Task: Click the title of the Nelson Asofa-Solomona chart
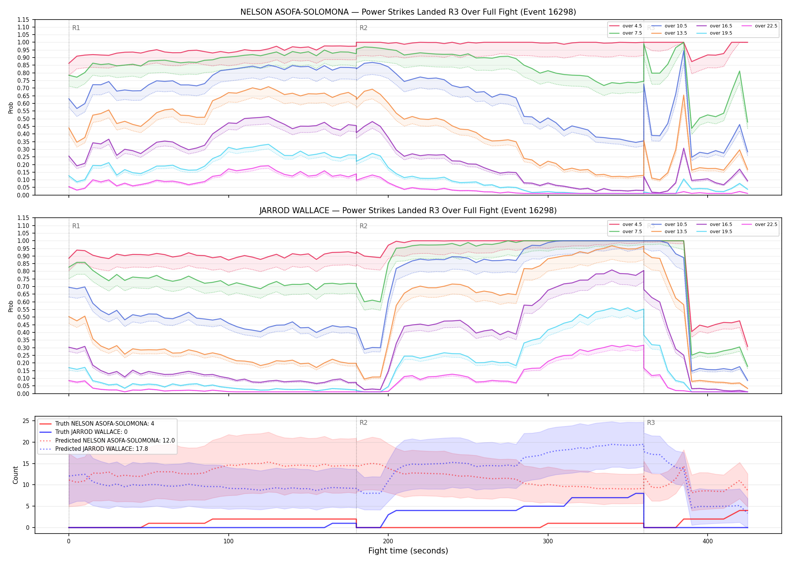408,12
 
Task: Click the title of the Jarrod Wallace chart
408,211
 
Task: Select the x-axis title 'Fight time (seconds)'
408,551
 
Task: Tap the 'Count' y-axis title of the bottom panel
15,475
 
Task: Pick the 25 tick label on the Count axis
26,421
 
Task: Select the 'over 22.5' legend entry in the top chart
760,26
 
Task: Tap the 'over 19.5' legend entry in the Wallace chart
714,232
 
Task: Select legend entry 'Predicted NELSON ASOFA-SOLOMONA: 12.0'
107,440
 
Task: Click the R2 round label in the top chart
363,28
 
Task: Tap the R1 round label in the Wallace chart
76,226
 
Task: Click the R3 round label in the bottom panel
651,423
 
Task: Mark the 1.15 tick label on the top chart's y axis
23,20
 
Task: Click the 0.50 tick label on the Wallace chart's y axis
23,317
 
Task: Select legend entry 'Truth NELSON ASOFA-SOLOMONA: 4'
97,424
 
